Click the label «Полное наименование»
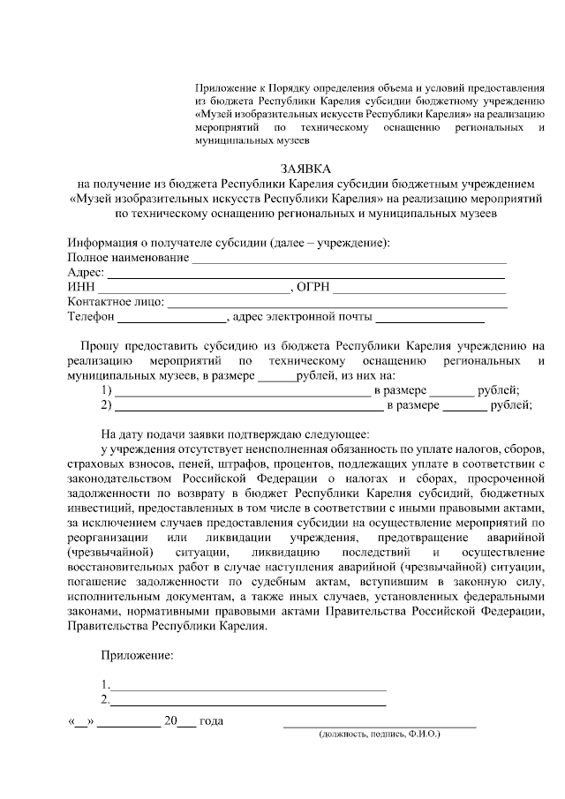click(x=128, y=257)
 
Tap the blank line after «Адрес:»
click(x=306, y=277)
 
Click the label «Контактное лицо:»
click(x=116, y=303)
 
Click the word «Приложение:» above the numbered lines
click(x=137, y=656)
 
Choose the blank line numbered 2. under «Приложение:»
click(x=248, y=705)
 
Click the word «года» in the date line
click(x=212, y=720)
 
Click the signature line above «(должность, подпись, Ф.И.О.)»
click(x=379, y=726)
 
